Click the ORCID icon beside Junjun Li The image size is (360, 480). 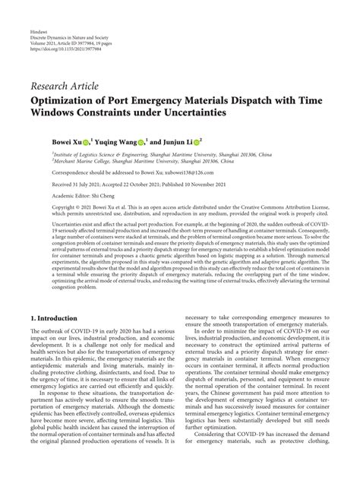tap(197, 141)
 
